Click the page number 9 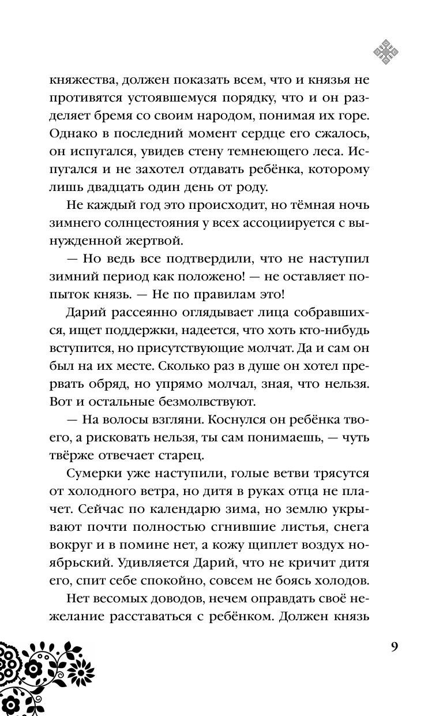(394, 647)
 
